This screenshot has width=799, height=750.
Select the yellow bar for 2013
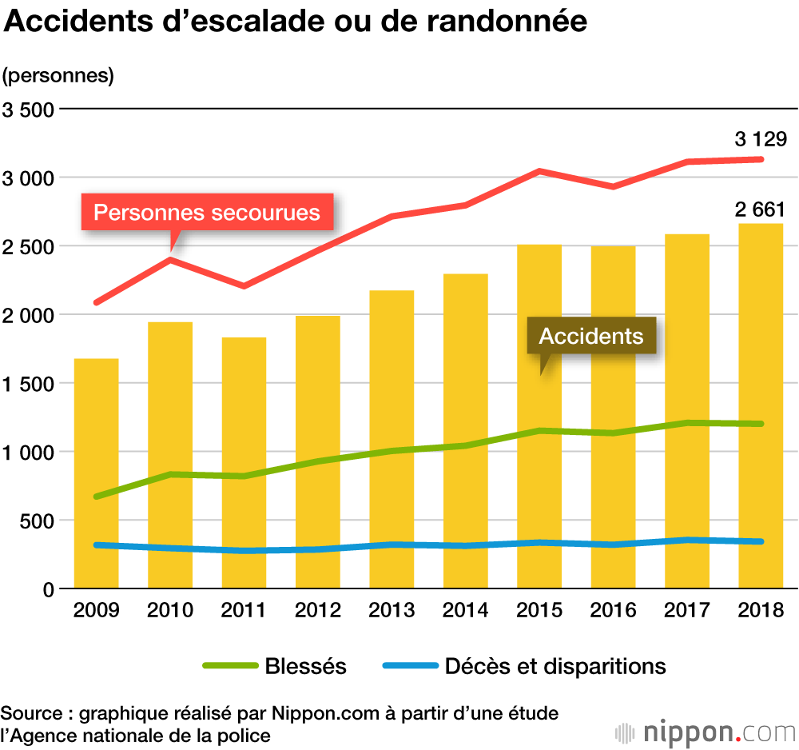[x=392, y=440]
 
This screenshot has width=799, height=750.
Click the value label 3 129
[x=761, y=140]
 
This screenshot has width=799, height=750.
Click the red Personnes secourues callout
[x=207, y=213]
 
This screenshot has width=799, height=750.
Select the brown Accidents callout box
[x=591, y=335]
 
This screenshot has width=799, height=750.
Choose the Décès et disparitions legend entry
[x=524, y=665]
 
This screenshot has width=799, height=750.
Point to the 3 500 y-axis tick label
[x=27, y=110]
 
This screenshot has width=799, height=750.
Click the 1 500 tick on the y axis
[x=27, y=384]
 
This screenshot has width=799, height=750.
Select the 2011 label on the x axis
[x=244, y=611]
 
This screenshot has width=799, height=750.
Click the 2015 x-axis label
[x=539, y=611]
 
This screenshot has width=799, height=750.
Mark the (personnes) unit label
[x=58, y=77]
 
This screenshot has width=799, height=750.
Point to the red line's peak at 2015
[x=539, y=171]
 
